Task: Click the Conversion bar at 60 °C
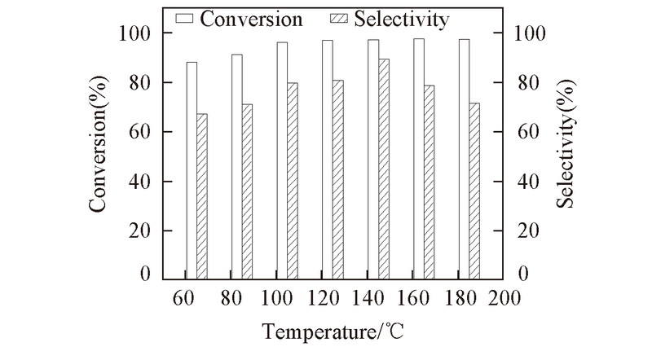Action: [x=192, y=171]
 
